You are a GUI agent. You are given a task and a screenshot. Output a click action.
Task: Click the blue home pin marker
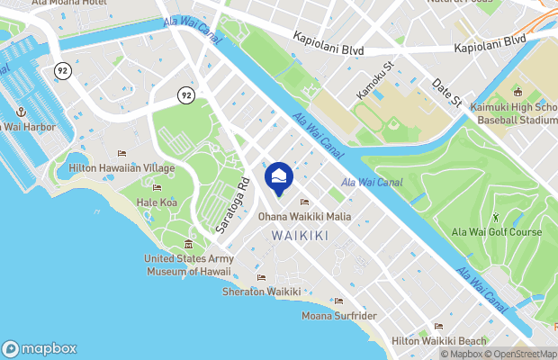(x=279, y=178)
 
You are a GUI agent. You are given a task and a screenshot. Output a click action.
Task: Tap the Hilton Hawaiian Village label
(x=115, y=168)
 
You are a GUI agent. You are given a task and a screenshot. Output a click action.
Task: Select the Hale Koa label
(x=157, y=202)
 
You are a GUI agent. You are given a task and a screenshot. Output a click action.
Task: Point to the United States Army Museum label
(x=189, y=265)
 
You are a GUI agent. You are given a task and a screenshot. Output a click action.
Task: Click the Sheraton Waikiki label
(x=261, y=292)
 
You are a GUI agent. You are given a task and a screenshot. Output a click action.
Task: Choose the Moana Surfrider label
(x=338, y=316)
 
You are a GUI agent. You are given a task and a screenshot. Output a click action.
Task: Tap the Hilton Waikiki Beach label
(x=438, y=341)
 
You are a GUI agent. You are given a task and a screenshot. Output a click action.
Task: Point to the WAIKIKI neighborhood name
(x=300, y=235)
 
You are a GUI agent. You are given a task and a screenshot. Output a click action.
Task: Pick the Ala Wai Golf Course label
(x=497, y=232)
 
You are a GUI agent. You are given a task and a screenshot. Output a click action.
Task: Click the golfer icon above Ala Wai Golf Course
(x=496, y=217)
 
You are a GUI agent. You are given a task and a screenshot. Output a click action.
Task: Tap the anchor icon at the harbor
(x=19, y=112)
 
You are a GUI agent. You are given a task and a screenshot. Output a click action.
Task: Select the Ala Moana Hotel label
(x=68, y=4)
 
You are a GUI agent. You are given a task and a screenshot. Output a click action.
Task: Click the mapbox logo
(x=40, y=348)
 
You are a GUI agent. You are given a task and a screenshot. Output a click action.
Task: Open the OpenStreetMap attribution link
(x=522, y=354)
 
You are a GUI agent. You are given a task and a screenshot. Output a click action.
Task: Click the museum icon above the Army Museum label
(x=188, y=245)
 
